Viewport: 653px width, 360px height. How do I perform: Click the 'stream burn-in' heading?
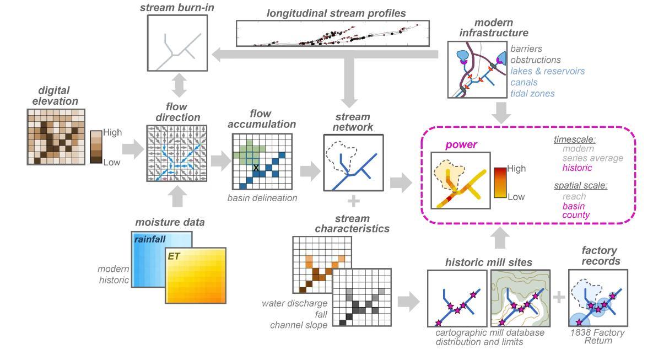pos(177,8)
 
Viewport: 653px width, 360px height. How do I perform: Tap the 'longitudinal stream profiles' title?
pos(336,13)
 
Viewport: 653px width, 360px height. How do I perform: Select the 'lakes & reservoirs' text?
pos(548,71)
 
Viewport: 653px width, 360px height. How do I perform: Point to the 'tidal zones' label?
pos(533,94)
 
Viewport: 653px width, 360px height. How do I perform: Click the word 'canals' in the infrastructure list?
pos(524,83)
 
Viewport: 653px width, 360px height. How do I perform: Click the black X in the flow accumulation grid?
pos(256,168)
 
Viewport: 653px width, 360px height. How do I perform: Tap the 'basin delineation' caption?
pos(262,198)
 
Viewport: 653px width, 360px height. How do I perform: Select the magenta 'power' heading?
pos(461,145)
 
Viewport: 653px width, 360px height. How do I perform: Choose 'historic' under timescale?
pos(577,168)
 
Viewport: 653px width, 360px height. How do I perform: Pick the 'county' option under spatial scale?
pos(576,216)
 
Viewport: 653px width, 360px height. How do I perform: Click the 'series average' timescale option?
pos(592,158)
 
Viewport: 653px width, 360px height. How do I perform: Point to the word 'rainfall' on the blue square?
pos(150,240)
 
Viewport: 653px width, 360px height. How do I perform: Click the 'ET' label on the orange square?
pos(174,256)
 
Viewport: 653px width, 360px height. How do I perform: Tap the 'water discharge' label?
pos(294,304)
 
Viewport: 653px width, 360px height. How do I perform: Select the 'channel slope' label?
pos(299,325)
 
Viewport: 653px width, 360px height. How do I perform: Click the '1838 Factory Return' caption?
pos(597,337)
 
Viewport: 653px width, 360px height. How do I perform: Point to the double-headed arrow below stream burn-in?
pos(179,85)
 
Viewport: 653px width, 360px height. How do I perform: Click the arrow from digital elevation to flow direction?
pos(133,149)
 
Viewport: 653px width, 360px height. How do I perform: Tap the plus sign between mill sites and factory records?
pos(559,297)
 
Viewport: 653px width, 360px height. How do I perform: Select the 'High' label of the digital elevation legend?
pos(112,132)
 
